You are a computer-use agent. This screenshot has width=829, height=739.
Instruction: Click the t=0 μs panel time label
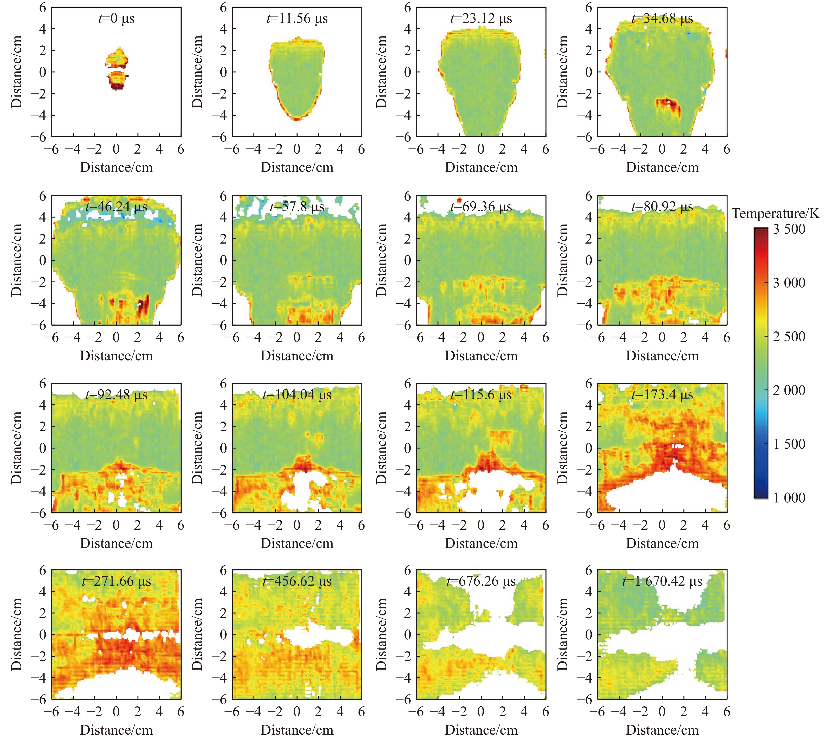click(116, 19)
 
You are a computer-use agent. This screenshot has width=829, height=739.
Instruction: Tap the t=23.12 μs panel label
click(481, 19)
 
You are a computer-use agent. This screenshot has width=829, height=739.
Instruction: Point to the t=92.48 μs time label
click(116, 395)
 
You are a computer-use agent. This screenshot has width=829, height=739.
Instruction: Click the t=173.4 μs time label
click(662, 395)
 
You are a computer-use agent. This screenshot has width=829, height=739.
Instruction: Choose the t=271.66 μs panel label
click(116, 581)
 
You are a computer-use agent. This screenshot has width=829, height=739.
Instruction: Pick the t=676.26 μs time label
click(481, 581)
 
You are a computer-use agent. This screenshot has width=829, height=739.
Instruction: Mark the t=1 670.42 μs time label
click(662, 581)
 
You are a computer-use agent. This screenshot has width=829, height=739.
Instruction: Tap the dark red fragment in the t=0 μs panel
click(116, 86)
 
